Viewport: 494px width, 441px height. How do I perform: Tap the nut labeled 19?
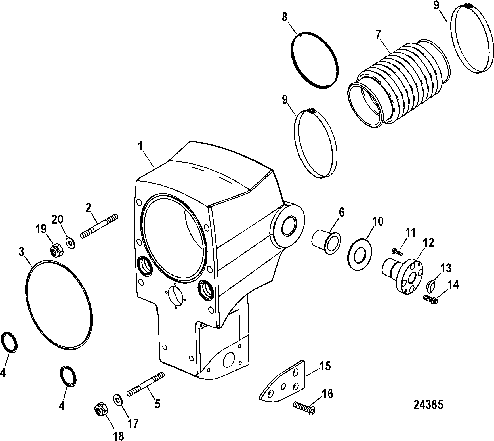54,250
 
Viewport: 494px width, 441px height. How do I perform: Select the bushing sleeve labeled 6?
326,241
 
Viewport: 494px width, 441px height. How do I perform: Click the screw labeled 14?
430,299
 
